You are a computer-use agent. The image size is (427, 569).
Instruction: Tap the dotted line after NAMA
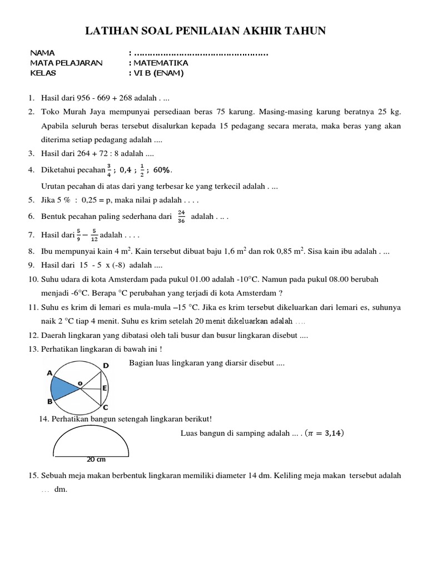[x=201, y=53]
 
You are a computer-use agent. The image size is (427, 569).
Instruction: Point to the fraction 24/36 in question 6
[x=181, y=216]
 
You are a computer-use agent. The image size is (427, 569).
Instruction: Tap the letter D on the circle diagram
[x=106, y=366]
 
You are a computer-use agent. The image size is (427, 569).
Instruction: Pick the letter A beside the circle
[x=49, y=373]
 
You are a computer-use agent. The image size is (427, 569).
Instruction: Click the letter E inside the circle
[x=105, y=388]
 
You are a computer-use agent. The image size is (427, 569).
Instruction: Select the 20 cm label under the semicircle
[x=96, y=460]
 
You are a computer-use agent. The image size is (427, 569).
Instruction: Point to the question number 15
[x=32, y=476]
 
